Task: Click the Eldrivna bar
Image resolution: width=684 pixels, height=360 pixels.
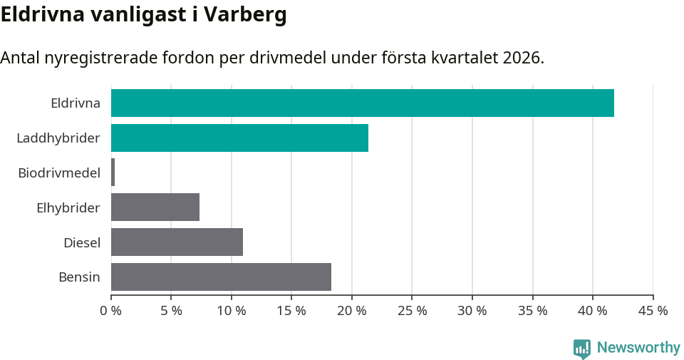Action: point(362,103)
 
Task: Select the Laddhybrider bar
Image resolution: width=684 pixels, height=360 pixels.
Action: point(239,138)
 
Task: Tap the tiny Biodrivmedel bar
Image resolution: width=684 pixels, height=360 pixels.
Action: point(113,173)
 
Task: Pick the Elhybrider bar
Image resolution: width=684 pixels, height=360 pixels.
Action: point(155,207)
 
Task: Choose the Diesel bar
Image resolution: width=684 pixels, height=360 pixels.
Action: point(177,242)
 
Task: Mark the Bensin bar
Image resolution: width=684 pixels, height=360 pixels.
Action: point(221,277)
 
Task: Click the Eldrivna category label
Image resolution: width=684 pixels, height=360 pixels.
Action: point(75,103)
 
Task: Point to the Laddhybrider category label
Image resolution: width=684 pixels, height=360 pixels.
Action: point(58,138)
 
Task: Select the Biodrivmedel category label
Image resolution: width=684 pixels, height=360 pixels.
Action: point(59,173)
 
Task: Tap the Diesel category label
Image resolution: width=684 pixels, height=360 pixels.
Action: point(81,242)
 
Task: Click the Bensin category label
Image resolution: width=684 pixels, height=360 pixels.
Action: point(79,277)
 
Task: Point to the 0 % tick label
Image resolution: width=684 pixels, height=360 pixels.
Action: point(111,311)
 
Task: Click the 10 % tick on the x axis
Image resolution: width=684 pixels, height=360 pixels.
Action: point(232,311)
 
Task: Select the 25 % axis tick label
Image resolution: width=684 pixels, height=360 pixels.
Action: point(413,311)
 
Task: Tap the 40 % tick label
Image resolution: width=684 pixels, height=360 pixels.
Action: point(593,311)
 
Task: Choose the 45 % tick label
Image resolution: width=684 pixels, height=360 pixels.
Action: point(653,311)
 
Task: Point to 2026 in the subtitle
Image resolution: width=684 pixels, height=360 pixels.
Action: point(522,58)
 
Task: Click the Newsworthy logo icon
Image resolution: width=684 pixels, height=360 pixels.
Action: point(582,348)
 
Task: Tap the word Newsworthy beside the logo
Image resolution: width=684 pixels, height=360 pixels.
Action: point(638,348)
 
